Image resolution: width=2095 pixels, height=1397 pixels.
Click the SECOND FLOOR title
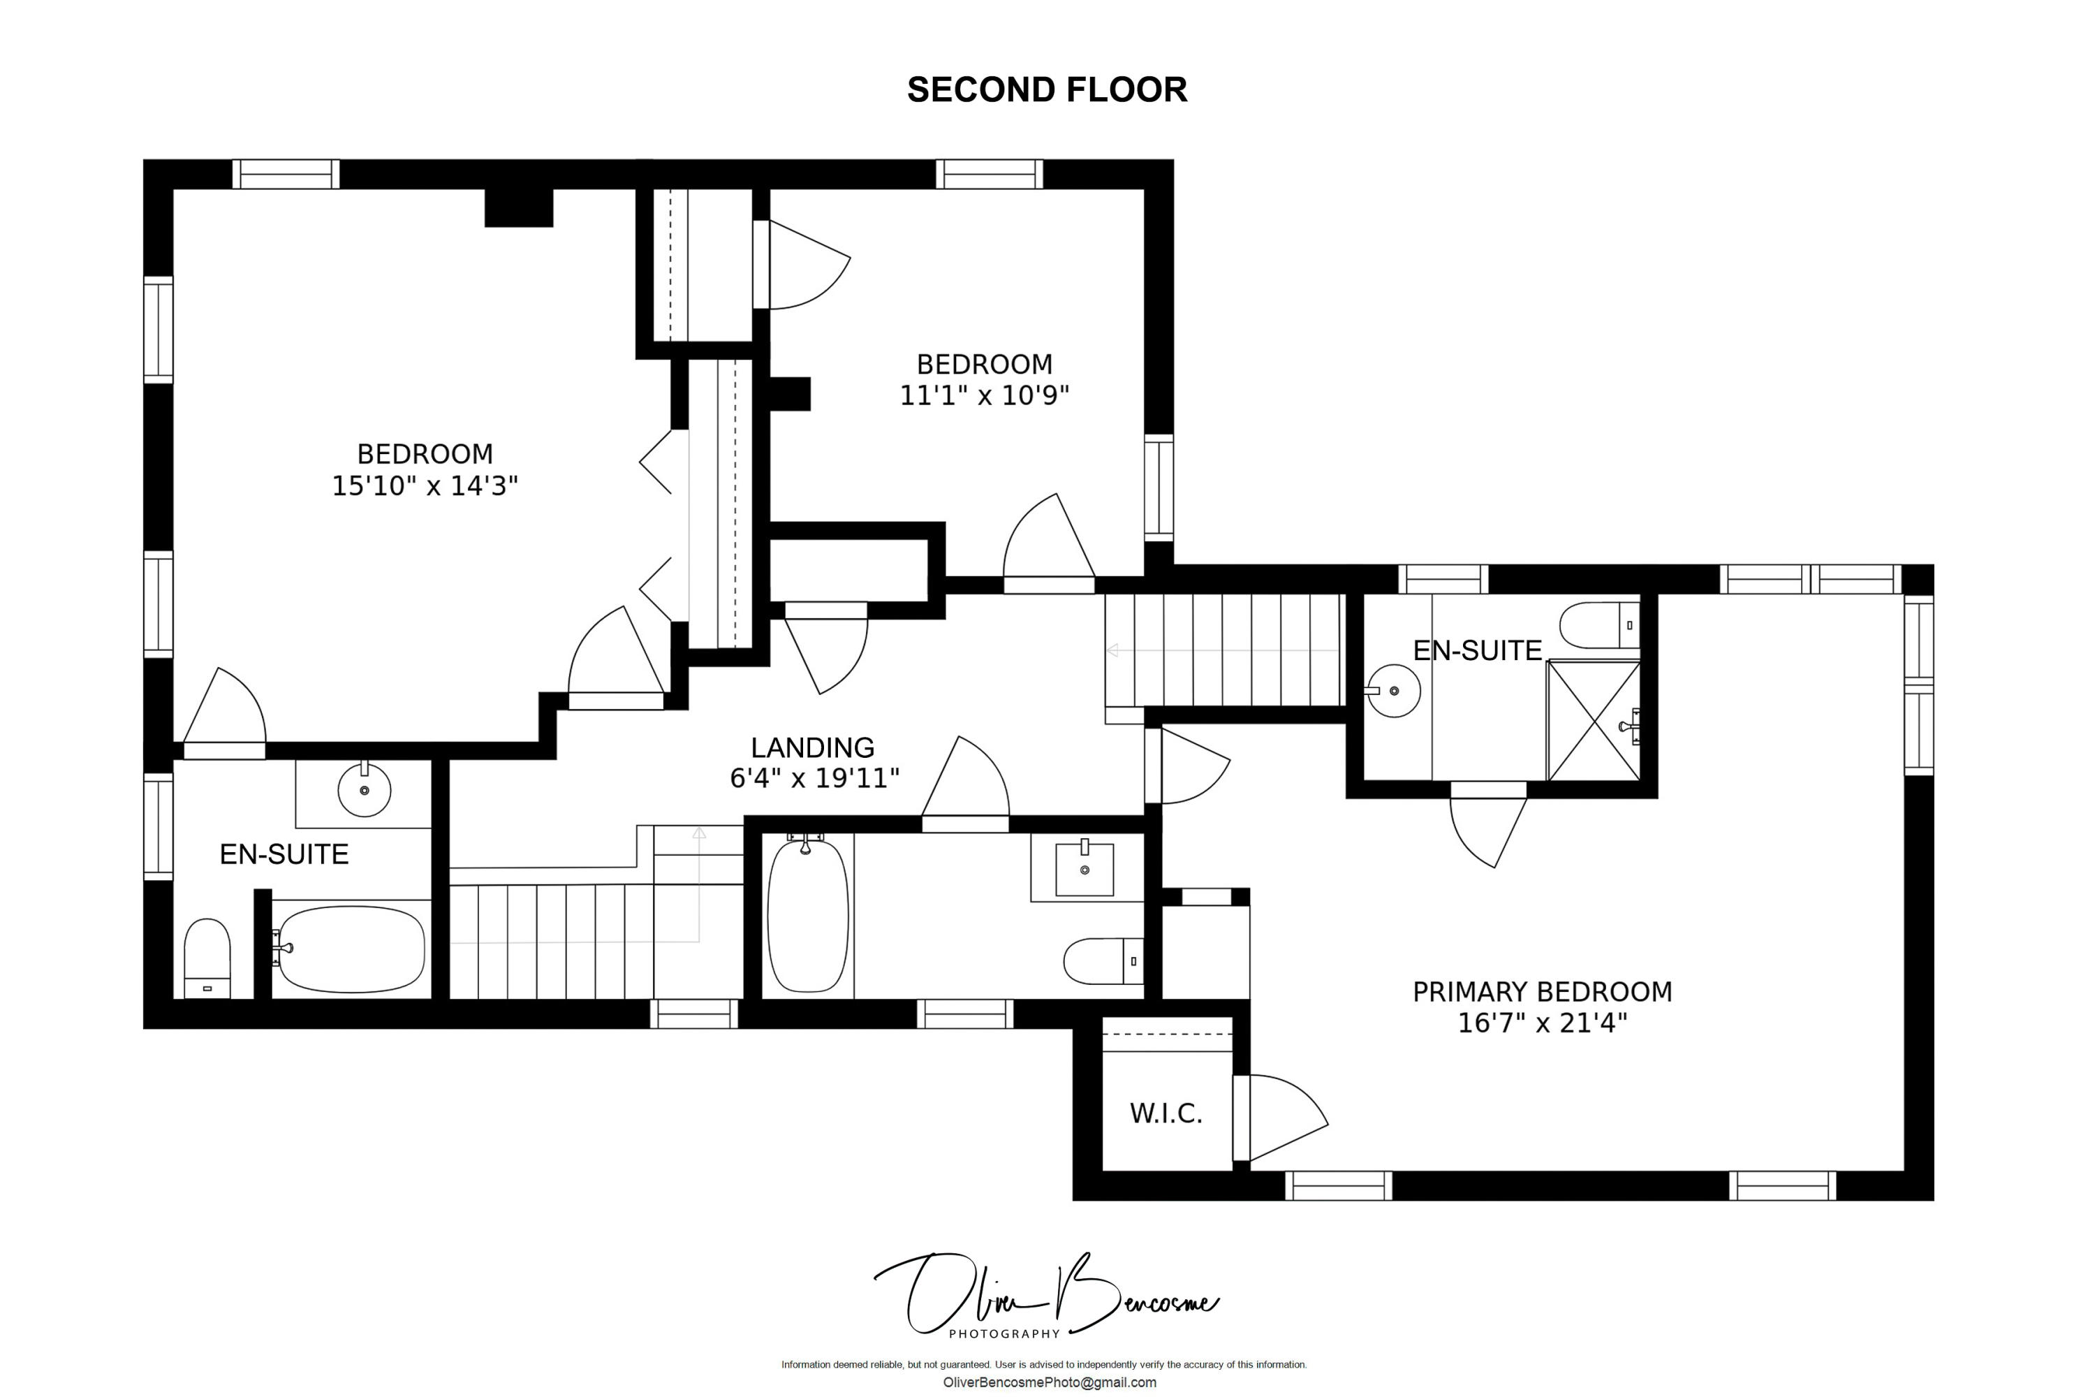[x=1047, y=90]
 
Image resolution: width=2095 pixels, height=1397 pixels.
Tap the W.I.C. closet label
[x=1166, y=1113]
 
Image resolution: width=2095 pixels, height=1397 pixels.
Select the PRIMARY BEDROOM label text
[x=1542, y=992]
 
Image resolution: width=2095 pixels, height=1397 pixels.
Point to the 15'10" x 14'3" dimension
[x=425, y=485]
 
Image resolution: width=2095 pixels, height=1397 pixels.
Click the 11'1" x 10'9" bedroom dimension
[x=984, y=395]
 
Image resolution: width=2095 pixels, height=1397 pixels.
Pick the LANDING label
[x=812, y=747]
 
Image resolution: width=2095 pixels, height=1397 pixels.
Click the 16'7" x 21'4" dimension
[x=1542, y=1023]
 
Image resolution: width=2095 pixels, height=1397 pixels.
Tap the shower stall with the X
[x=1594, y=720]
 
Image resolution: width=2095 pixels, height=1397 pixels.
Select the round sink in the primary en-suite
[x=1394, y=691]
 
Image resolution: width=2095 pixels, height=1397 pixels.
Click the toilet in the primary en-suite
[x=1600, y=625]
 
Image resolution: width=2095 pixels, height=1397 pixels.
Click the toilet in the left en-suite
[x=207, y=958]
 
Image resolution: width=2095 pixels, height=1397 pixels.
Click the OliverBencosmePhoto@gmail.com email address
[x=1050, y=1382]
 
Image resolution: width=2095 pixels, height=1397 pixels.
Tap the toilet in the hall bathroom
[x=1103, y=960]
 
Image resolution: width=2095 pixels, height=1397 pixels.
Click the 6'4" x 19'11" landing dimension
[x=814, y=779]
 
